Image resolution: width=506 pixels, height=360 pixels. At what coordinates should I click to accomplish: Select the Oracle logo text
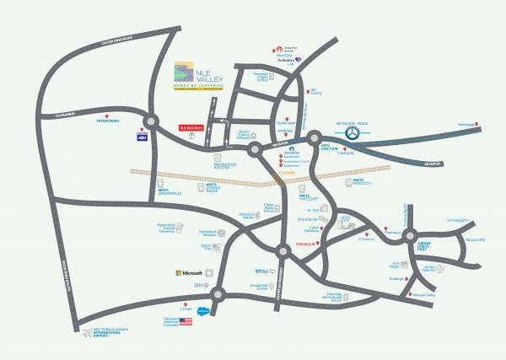305,244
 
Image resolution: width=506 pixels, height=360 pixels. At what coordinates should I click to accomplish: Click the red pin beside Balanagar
476,127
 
